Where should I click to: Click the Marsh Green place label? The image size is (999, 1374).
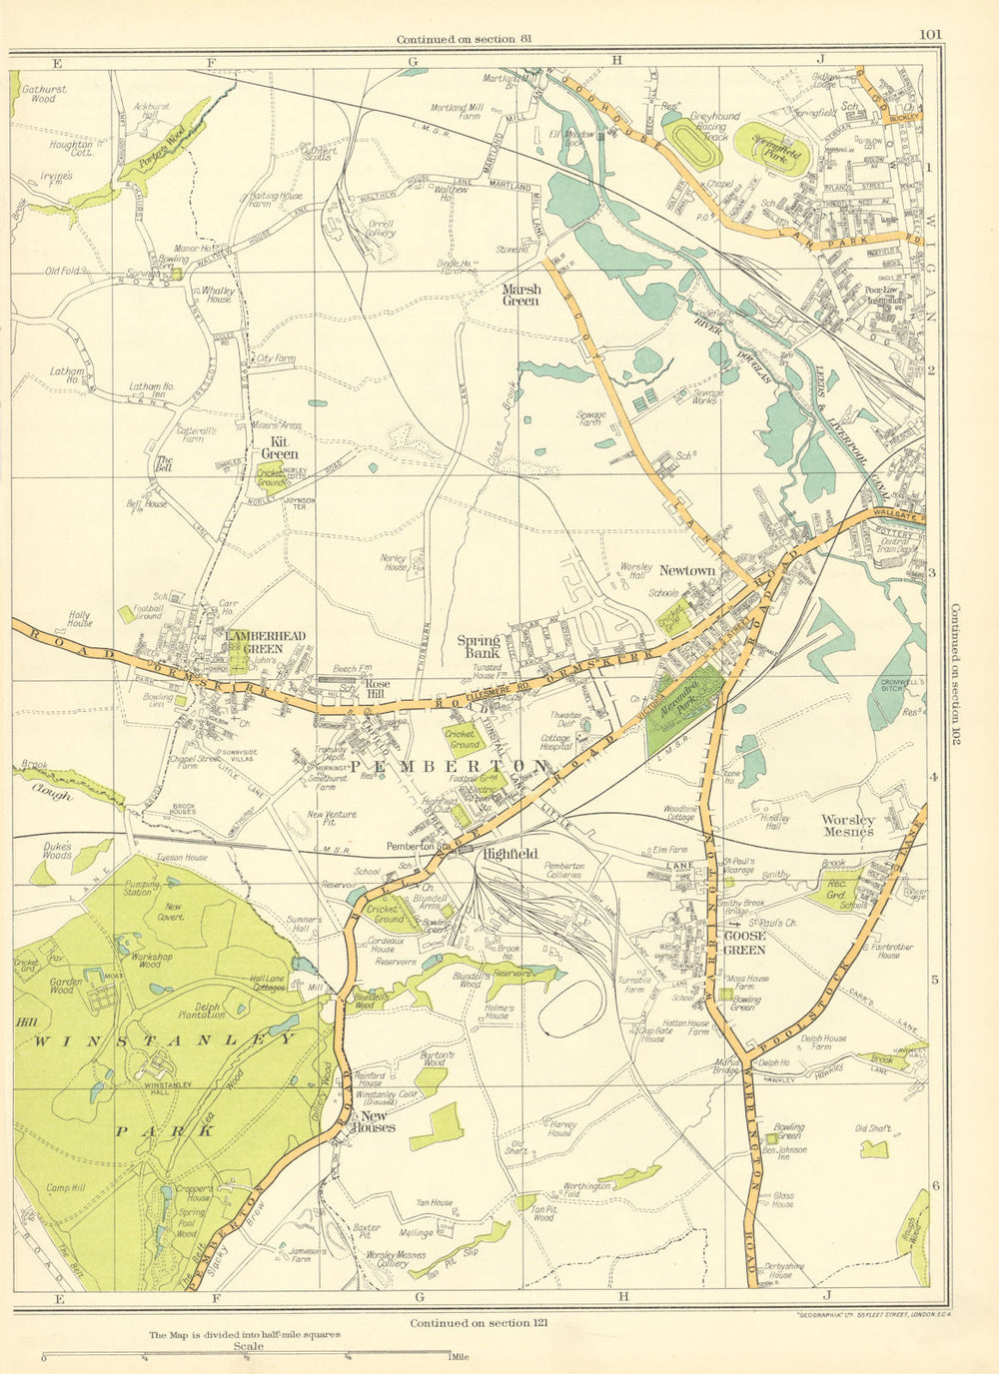click(x=520, y=295)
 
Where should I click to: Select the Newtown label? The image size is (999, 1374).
click(x=686, y=570)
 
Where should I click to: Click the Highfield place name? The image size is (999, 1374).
click(x=509, y=854)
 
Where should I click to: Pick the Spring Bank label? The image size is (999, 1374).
click(x=479, y=646)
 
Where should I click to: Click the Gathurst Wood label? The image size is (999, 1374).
click(x=43, y=94)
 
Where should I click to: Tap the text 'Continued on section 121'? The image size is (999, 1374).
click(x=477, y=1323)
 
